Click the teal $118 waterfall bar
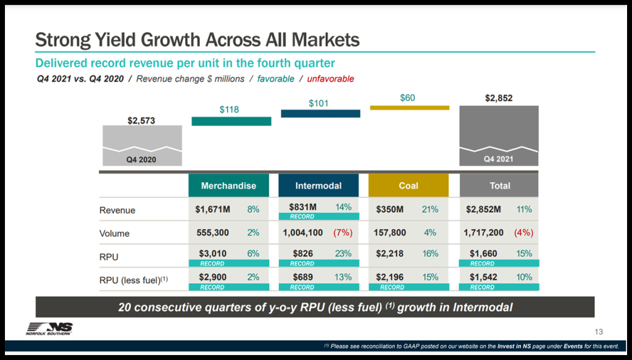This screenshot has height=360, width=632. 231,122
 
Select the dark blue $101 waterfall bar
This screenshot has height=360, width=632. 320,114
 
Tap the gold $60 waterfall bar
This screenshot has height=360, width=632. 410,107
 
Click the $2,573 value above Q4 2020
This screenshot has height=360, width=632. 141,120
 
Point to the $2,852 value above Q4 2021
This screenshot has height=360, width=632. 499,98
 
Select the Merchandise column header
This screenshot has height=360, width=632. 228,185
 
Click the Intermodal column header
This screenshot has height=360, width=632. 318,185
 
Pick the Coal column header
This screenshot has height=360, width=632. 409,185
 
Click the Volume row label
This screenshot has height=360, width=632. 114,233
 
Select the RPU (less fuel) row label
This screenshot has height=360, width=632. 133,280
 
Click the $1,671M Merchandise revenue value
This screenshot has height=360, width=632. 213,209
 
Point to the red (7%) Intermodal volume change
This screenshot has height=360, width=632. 343,233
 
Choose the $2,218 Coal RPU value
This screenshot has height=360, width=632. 389,254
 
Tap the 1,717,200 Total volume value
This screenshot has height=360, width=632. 483,233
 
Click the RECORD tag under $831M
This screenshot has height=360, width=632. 318,217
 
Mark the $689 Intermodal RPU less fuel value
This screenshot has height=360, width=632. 302,277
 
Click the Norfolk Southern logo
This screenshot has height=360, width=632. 49,329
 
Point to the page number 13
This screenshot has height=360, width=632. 599,332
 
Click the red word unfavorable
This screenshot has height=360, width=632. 331,78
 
